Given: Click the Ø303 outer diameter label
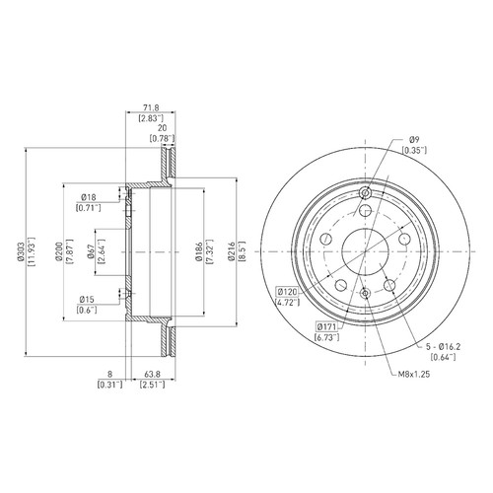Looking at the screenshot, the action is pyautogui.click(x=21, y=252).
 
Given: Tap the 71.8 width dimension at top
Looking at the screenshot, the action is pyautogui.click(x=151, y=107).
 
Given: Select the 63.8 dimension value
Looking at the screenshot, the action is pyautogui.click(x=153, y=374).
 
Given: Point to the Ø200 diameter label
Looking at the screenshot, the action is pyautogui.click(x=59, y=251).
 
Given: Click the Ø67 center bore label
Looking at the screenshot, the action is pyautogui.click(x=91, y=252).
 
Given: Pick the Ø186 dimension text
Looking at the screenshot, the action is pyautogui.click(x=198, y=252).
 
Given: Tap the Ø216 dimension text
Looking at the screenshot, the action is pyautogui.click(x=232, y=251).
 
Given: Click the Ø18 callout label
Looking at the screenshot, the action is pyautogui.click(x=89, y=197).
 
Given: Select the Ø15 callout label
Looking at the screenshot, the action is pyautogui.click(x=87, y=300).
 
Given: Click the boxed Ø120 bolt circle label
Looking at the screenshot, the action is pyautogui.click(x=287, y=292).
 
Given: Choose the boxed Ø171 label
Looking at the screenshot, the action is pyautogui.click(x=326, y=326).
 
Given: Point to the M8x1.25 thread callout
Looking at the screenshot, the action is pyautogui.click(x=414, y=374).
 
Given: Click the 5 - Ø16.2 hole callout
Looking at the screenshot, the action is pyautogui.click(x=443, y=346).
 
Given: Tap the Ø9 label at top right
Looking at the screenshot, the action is pyautogui.click(x=414, y=139).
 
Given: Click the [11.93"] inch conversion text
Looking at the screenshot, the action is pyautogui.click(x=33, y=252).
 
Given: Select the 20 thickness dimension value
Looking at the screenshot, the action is pyautogui.click(x=163, y=127).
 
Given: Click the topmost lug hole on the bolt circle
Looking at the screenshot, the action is pyautogui.click(x=365, y=210).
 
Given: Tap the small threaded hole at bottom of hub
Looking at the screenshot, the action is pyautogui.click(x=365, y=293).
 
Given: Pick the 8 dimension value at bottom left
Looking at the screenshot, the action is pyautogui.click(x=110, y=374).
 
